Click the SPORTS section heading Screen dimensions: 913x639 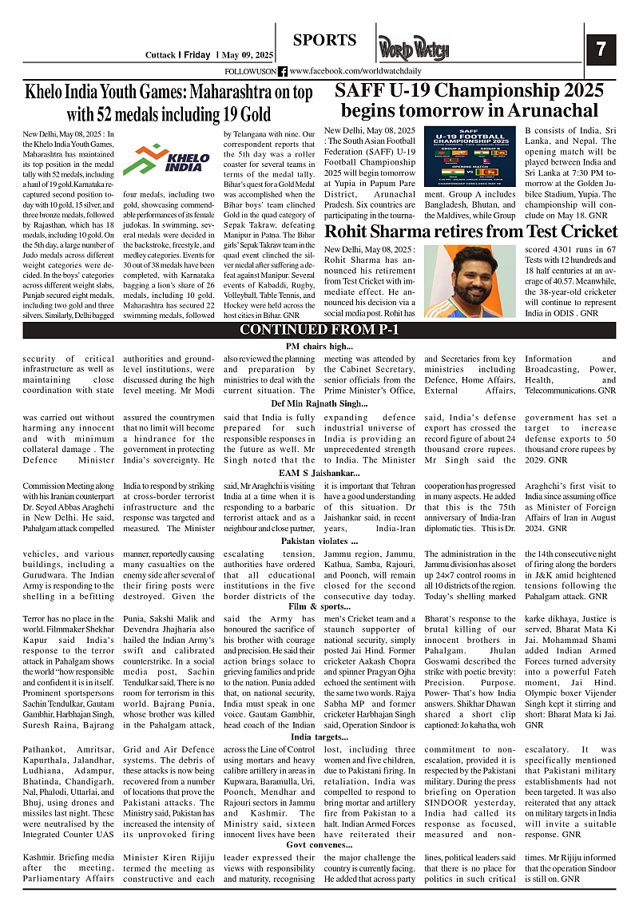324,41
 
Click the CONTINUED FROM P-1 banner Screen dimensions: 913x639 319,331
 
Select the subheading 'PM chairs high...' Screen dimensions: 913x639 319,346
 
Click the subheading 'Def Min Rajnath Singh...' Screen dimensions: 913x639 319,403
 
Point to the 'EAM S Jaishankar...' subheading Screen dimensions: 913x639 319,473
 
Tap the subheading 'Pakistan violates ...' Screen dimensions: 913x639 319,541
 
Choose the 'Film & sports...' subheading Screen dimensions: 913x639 319,606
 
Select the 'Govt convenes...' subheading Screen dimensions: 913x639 319,844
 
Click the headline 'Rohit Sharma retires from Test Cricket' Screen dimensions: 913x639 470,232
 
